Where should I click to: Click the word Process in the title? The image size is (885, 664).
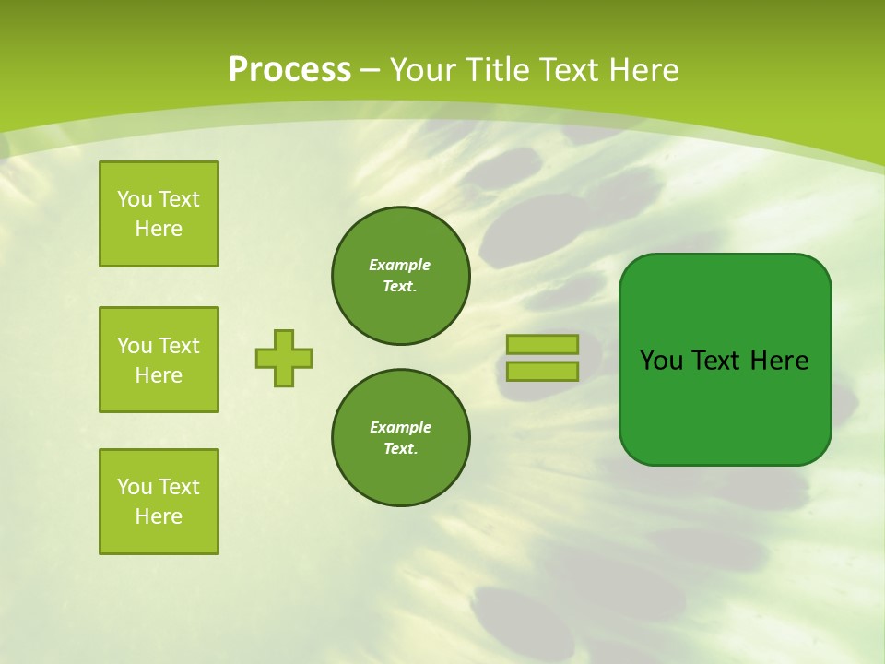coord(289,70)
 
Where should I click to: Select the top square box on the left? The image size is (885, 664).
coord(159,214)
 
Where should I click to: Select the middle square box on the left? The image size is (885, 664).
coord(159,360)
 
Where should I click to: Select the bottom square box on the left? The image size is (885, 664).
coord(159,502)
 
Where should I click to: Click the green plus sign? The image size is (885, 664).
coord(284,358)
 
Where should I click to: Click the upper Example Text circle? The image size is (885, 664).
coord(401,276)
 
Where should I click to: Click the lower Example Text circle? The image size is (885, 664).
coord(401,438)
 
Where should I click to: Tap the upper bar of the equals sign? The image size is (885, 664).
coord(542,344)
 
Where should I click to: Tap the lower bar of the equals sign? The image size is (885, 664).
coord(542,372)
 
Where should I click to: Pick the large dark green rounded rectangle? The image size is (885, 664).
coord(726,360)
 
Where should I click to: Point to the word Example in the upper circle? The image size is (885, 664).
coord(399,265)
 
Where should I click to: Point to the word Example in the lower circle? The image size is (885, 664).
coord(400,427)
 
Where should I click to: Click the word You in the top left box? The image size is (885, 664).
coord(134,199)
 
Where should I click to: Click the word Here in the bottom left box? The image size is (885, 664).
coord(159,516)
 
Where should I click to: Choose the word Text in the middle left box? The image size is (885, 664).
coord(178,346)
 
